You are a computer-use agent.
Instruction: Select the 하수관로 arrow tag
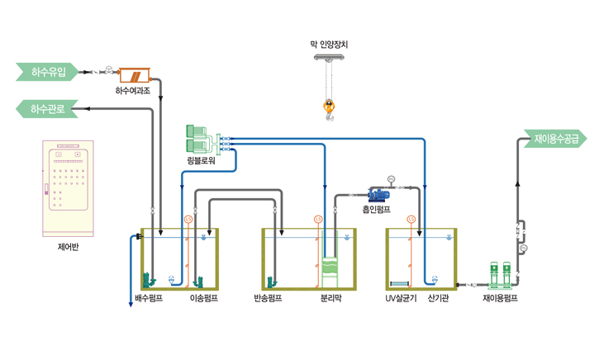[47, 108]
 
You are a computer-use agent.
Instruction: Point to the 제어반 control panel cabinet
[69, 188]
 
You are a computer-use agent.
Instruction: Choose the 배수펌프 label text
[149, 298]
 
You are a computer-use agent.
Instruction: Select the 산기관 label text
[439, 298]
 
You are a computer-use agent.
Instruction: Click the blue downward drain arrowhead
[131, 304]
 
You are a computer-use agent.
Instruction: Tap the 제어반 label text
[69, 245]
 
